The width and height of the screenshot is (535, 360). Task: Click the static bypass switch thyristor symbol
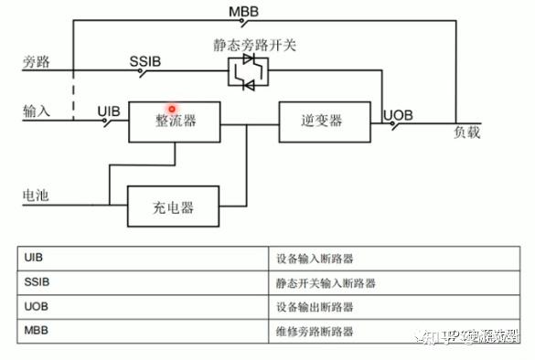click(x=249, y=71)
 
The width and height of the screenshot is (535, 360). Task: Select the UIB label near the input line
click(x=109, y=110)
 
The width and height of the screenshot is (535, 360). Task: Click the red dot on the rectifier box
click(x=171, y=109)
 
